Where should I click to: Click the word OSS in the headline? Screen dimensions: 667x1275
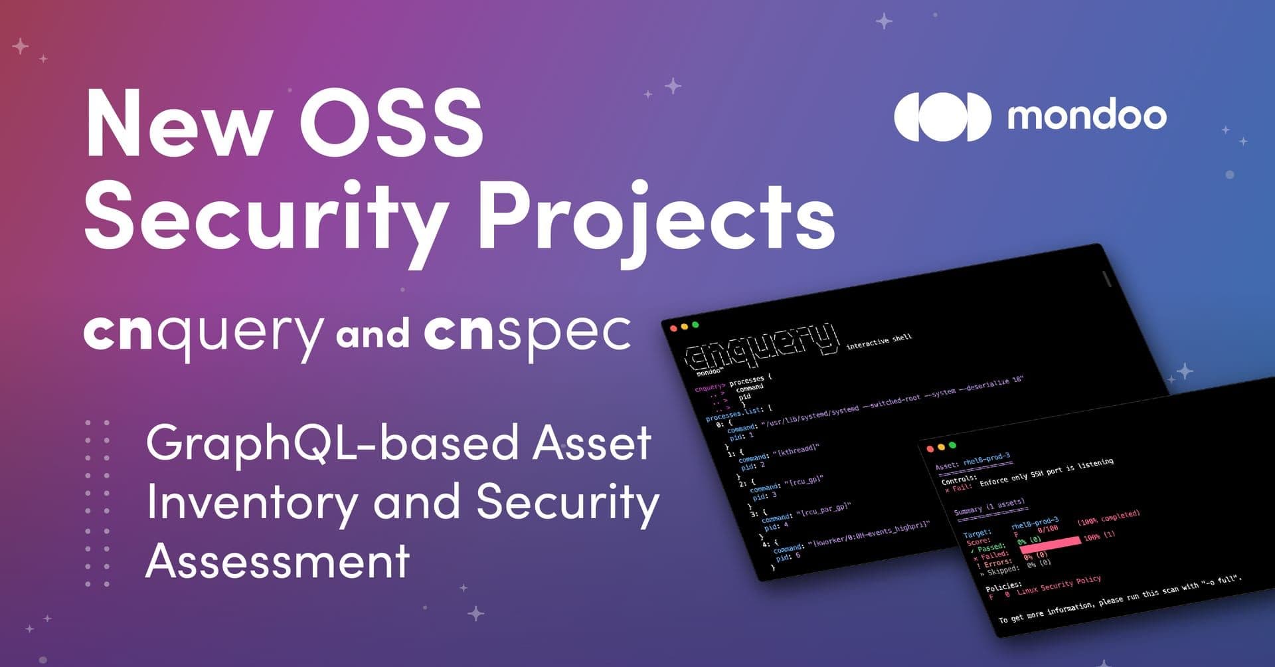coord(390,124)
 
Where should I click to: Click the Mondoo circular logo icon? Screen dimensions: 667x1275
coord(942,117)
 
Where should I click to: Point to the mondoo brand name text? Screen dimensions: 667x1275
coord(1086,117)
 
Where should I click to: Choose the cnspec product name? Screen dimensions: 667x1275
coord(527,332)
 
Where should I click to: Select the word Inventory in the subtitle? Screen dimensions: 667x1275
coord(252,502)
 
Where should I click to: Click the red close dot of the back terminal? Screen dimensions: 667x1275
coord(673,328)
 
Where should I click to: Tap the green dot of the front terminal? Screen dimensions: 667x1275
coord(953,445)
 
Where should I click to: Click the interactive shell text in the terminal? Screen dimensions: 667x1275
coord(879,341)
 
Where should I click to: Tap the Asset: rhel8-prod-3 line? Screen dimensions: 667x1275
coord(973,461)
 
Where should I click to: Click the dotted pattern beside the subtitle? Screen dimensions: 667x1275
coord(98,503)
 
